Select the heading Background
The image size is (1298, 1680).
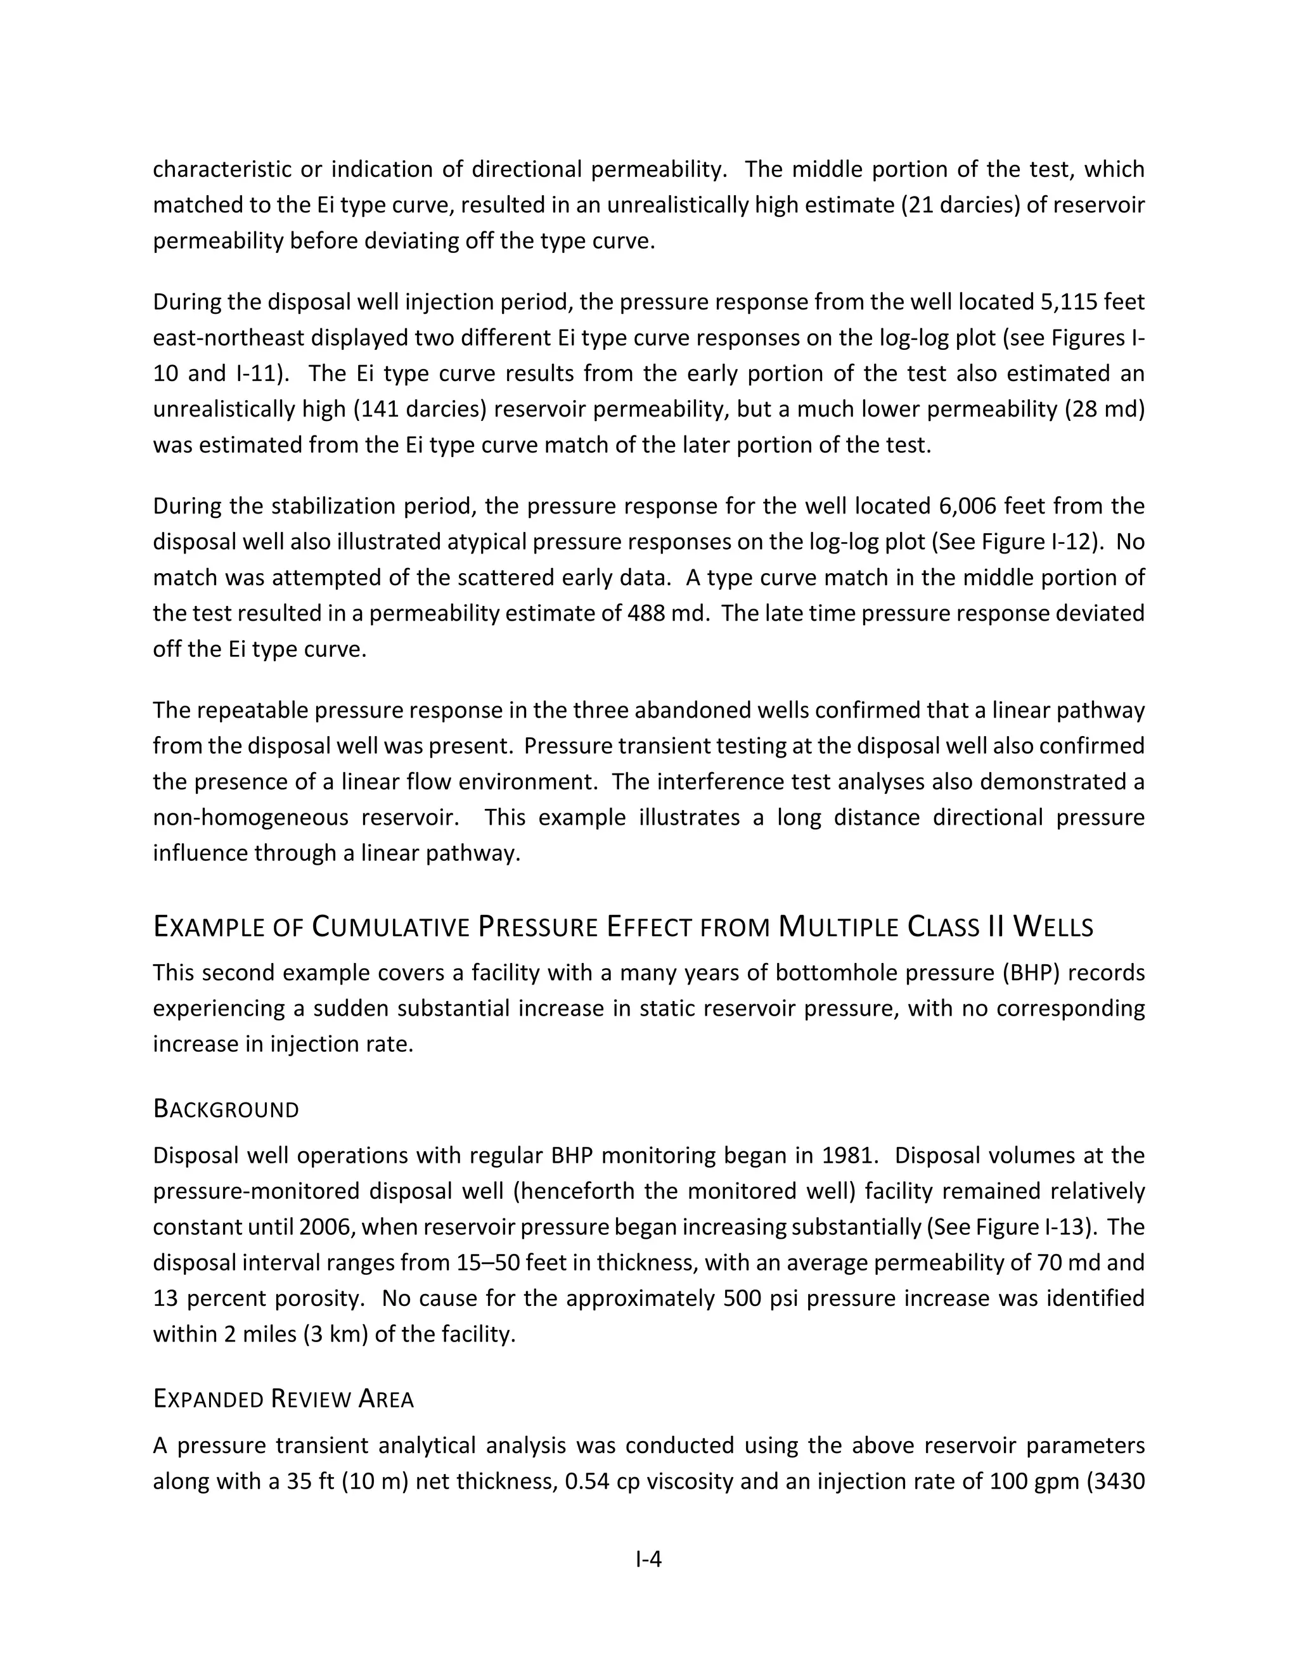(226, 1109)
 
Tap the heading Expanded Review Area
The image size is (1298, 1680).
(283, 1399)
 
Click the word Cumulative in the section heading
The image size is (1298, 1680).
(390, 927)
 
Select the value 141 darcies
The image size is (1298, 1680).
(420, 410)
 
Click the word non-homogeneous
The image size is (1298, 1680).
(251, 817)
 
